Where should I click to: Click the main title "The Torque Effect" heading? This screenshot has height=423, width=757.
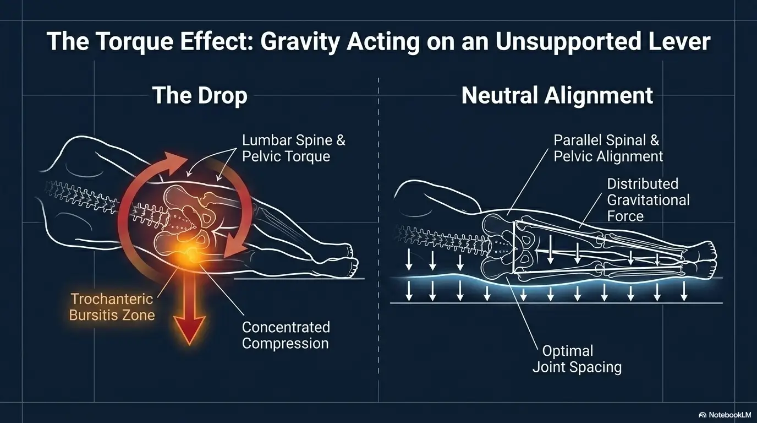[x=378, y=42]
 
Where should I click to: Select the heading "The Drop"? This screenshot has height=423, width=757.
[x=199, y=95]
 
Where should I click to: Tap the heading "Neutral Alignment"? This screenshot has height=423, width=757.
[x=557, y=95]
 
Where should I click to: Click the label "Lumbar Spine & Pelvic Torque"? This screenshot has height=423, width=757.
[x=294, y=148]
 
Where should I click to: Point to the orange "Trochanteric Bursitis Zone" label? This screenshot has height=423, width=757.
[x=112, y=308]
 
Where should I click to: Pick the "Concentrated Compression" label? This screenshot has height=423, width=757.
[x=286, y=335]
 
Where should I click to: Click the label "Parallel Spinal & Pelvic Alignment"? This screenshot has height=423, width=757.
[x=608, y=148]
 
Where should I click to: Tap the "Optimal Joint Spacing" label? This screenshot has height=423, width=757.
[x=577, y=359]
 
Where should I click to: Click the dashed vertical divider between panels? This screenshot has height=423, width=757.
[x=378, y=220]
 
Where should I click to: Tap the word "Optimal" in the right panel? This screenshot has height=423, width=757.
[x=567, y=351]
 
